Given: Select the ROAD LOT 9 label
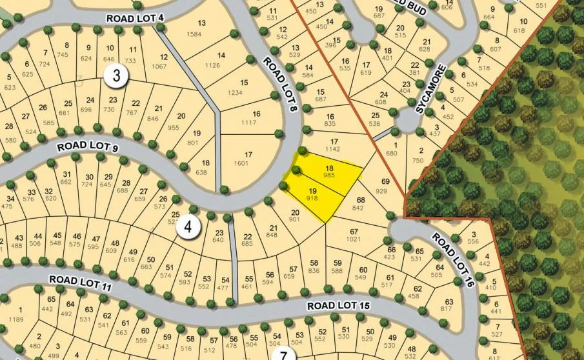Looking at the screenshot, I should pos(87,146).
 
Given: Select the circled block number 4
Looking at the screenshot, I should pos(188,227).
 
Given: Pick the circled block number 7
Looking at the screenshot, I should pos(283,354).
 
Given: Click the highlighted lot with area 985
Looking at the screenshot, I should pos(329,172).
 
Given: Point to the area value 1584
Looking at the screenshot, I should pos(201,34).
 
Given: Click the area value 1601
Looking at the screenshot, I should pos(248,163).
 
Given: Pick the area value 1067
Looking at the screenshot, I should pos(159,66).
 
